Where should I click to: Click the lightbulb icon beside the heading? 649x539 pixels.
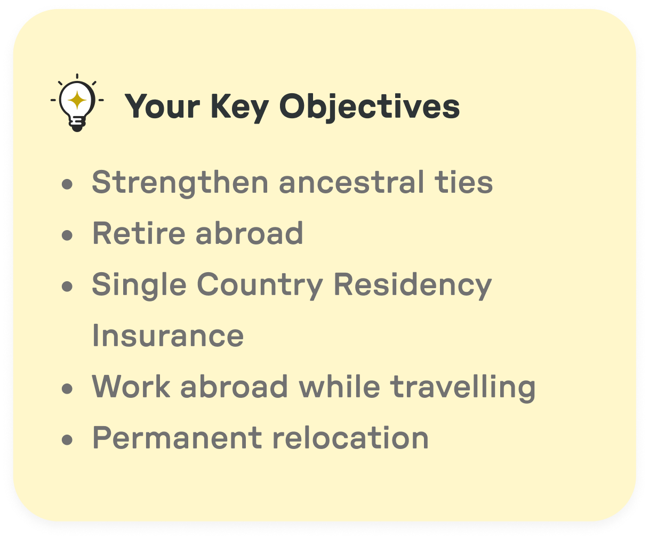click(77, 103)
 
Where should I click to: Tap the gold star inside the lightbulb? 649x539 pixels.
click(77, 100)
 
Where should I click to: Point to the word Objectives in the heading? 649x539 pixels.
click(369, 107)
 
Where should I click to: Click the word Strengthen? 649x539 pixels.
click(180, 183)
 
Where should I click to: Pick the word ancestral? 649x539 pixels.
click(349, 182)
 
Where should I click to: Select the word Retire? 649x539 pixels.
click(139, 233)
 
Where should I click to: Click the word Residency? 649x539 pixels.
click(412, 285)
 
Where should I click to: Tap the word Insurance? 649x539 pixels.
click(167, 336)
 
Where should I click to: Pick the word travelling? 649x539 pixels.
click(463, 387)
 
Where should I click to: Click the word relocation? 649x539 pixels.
click(350, 438)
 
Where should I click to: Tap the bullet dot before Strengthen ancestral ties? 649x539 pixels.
click(67, 184)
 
